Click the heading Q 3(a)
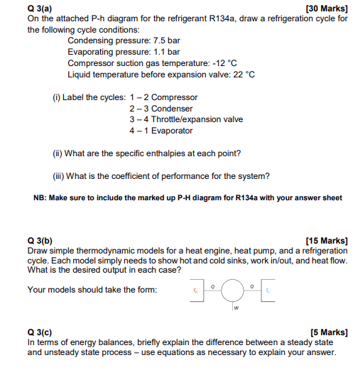point(40,8)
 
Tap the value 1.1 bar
point(165,53)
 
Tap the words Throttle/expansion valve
point(198,119)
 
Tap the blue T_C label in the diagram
point(267,290)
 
